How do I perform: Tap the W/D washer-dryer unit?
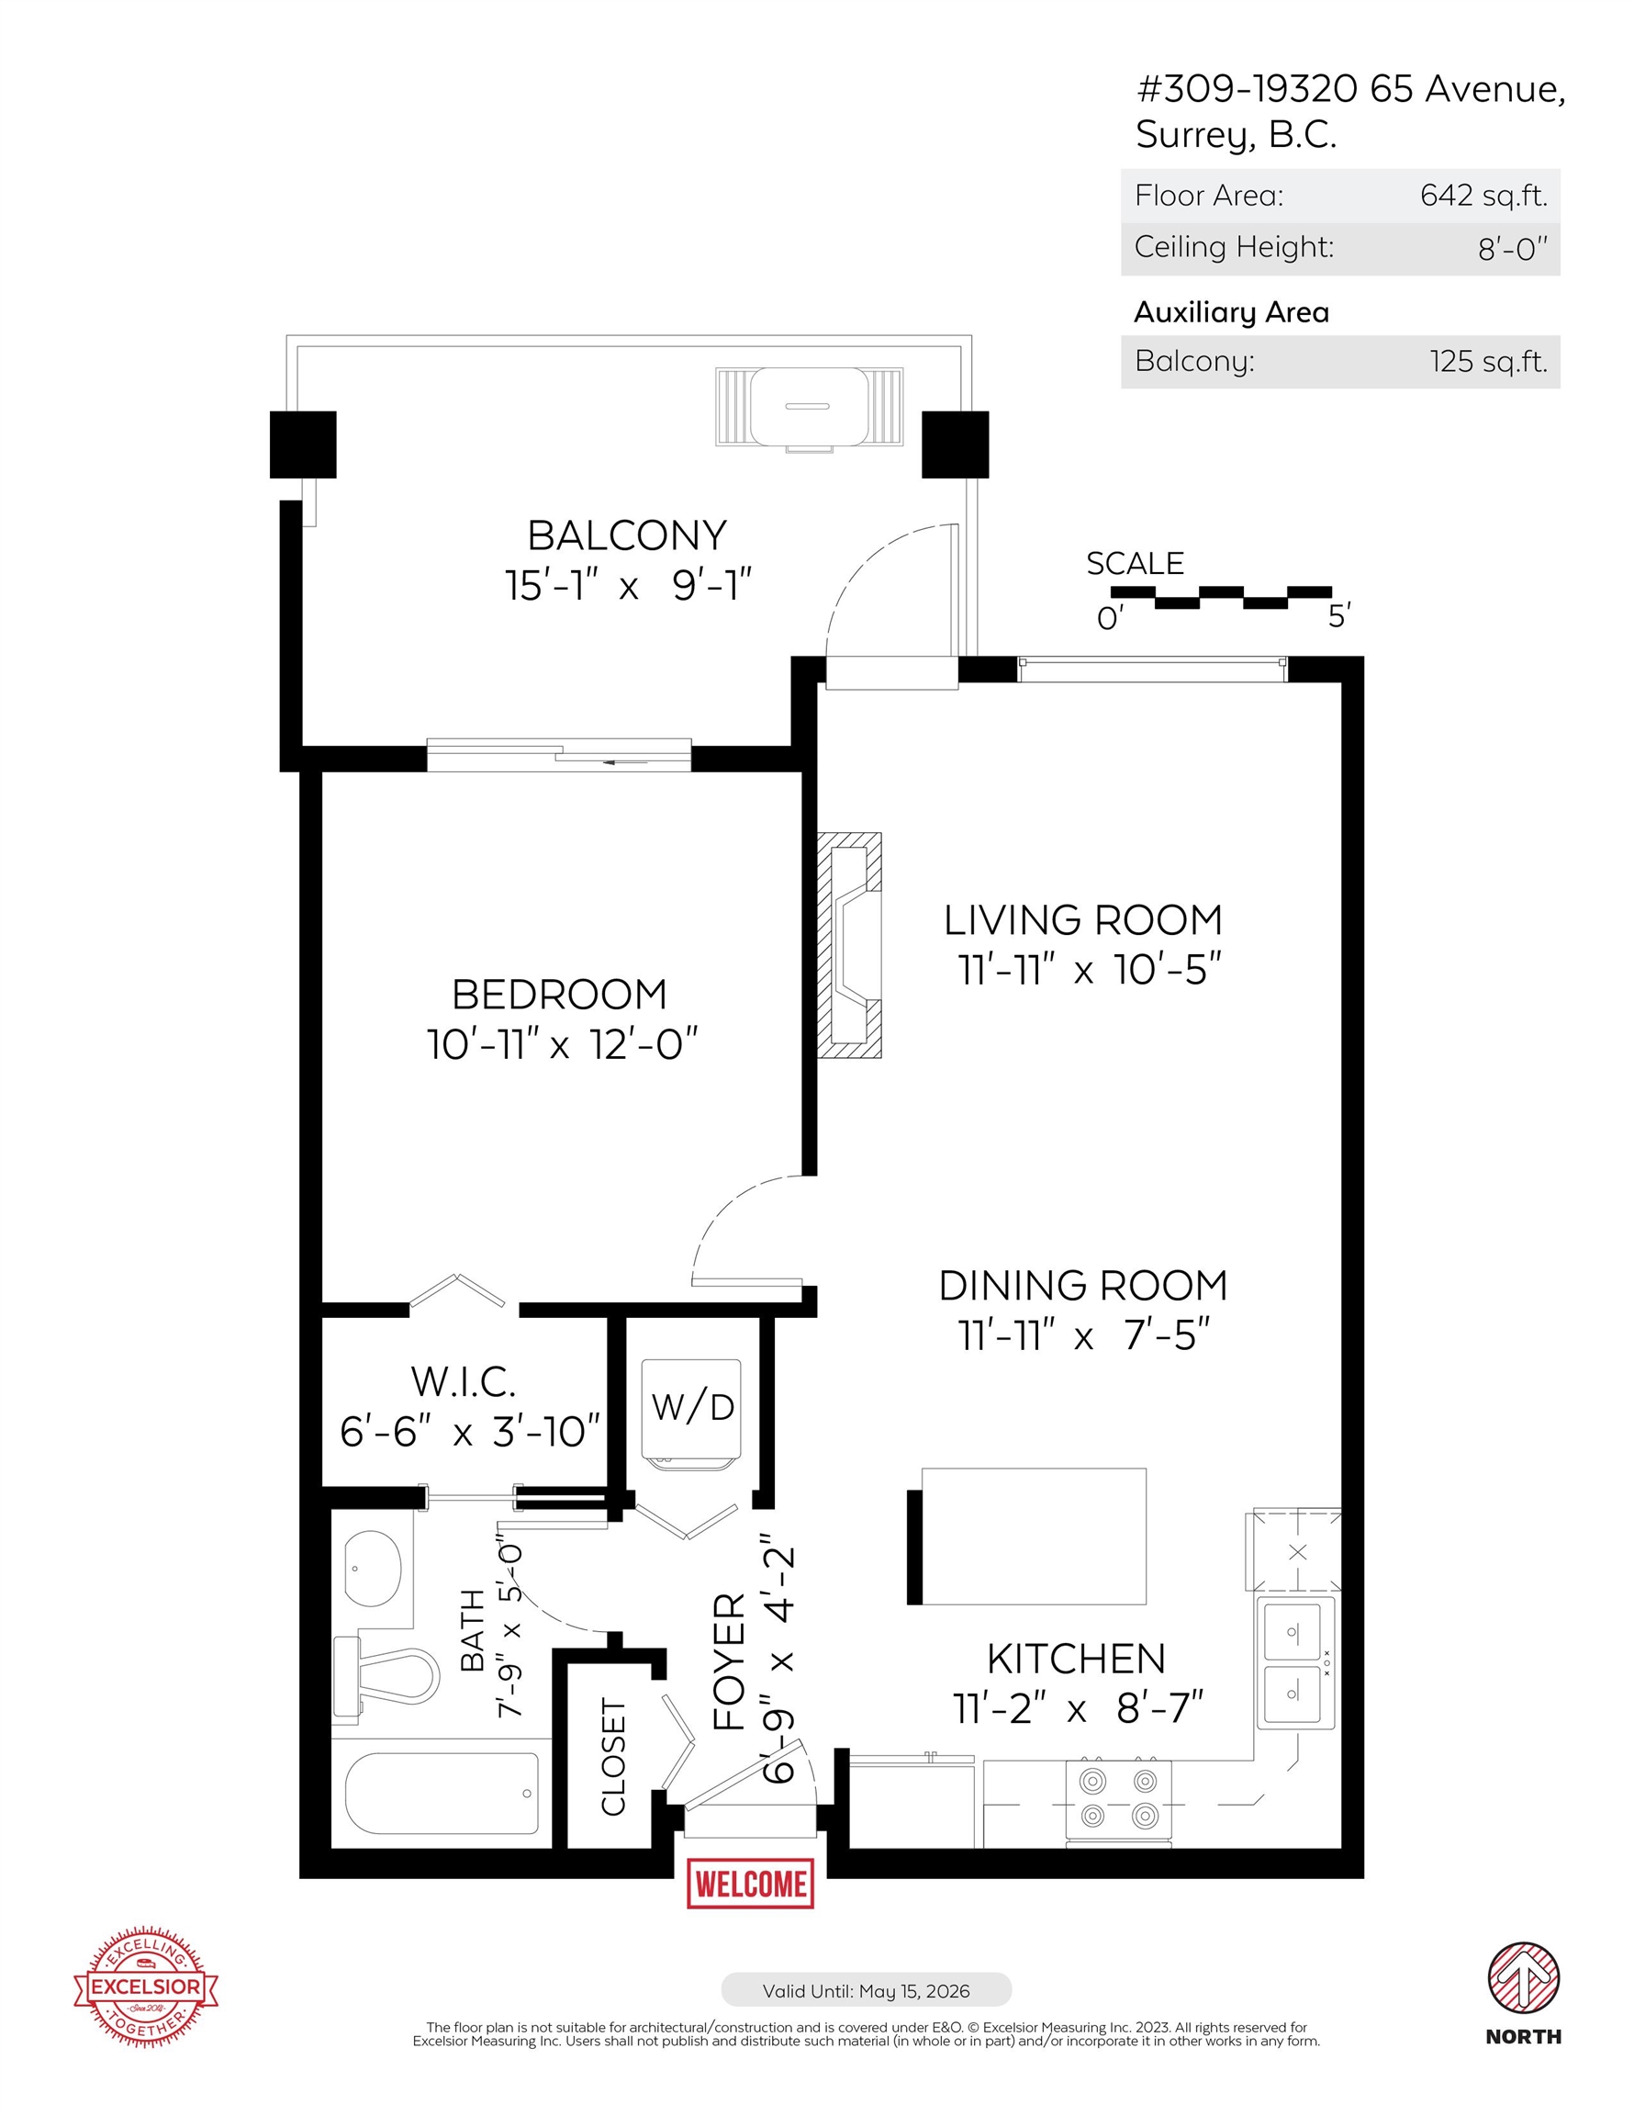click(x=691, y=1413)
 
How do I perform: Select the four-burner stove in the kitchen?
click(x=1119, y=1799)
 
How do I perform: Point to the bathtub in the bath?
click(x=442, y=1794)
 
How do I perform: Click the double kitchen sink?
click(x=1296, y=1662)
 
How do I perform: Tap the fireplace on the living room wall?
click(x=849, y=945)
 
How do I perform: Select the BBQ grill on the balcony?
click(x=809, y=408)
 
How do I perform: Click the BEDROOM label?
click(x=559, y=995)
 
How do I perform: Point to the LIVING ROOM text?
click(x=1082, y=920)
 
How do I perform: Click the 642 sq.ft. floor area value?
click(x=1483, y=196)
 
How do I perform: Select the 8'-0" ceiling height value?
click(x=1512, y=249)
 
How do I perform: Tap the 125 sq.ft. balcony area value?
click(x=1488, y=361)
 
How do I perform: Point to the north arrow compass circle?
click(x=1524, y=1976)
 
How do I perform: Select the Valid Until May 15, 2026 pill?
click(x=866, y=1991)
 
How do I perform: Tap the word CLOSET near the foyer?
click(x=614, y=1756)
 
